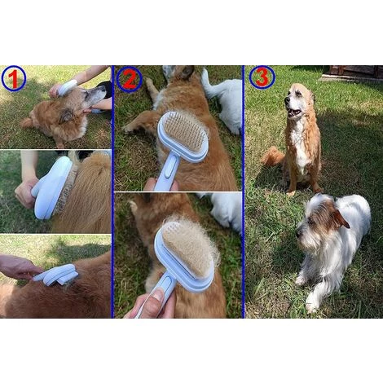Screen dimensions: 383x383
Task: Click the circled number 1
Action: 13,78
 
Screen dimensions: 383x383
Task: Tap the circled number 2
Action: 129,79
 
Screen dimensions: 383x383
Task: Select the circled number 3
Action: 262,77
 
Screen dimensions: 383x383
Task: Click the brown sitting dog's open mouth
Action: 293,111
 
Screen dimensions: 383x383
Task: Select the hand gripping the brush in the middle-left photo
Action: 25,191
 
